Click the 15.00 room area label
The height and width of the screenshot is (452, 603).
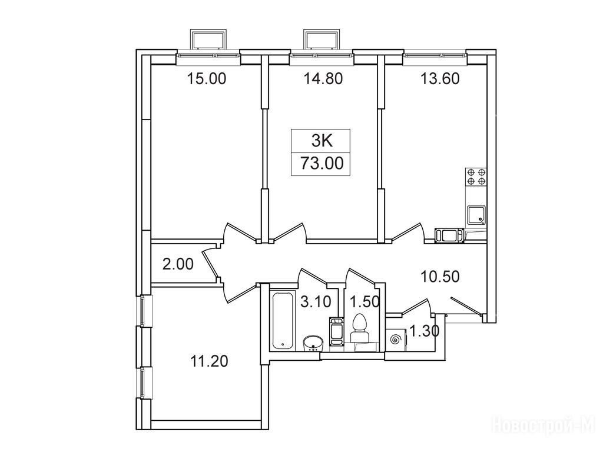(x=207, y=79)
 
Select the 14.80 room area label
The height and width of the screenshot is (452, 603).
(x=323, y=79)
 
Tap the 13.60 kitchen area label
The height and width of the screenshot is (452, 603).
(x=440, y=79)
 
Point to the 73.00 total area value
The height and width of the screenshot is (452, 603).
(x=322, y=164)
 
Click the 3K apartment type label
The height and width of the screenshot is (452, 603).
(x=322, y=141)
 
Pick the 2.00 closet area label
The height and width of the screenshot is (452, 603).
(x=178, y=264)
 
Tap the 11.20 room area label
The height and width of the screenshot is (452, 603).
(x=209, y=361)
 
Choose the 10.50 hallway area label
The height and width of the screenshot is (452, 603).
(x=440, y=277)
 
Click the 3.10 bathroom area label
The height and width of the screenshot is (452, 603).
(x=316, y=302)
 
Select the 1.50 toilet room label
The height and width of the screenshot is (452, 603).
(x=365, y=302)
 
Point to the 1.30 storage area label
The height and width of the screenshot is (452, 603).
(x=423, y=331)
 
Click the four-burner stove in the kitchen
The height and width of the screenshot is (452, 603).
(x=476, y=177)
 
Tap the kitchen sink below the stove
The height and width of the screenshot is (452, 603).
(x=476, y=215)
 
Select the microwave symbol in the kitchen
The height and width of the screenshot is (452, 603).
(x=449, y=235)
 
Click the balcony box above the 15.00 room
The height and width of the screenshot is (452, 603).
(x=208, y=40)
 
